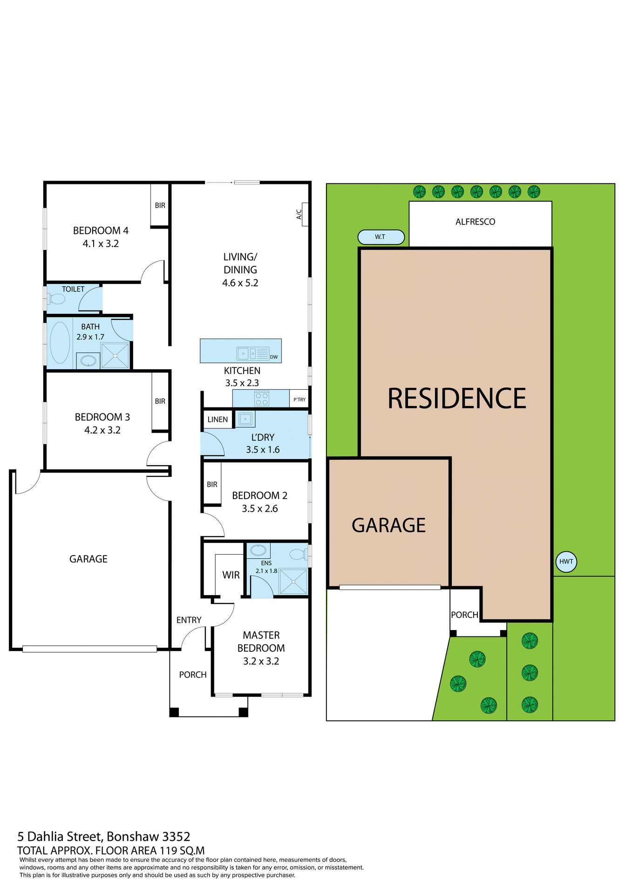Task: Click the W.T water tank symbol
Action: point(381,237)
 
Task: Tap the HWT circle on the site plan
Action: point(566,562)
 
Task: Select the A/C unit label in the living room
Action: point(299,214)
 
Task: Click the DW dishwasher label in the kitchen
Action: point(274,357)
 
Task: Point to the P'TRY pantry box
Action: point(299,400)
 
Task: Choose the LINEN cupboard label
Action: point(217,420)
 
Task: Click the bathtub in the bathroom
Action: point(60,342)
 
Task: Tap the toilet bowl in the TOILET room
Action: point(57,299)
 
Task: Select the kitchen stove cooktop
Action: point(261,399)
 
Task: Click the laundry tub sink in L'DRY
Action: point(245,419)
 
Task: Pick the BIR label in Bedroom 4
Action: point(160,205)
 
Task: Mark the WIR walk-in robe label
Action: point(231,575)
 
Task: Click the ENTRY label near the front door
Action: point(189,620)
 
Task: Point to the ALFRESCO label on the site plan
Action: point(475,222)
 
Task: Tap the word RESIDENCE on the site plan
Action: point(457,399)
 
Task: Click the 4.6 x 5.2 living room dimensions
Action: point(240,283)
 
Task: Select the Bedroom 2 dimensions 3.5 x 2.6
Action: point(259,509)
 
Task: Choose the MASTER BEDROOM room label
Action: point(261,642)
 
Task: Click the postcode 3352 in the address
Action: point(176,837)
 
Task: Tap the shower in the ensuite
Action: point(293,581)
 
